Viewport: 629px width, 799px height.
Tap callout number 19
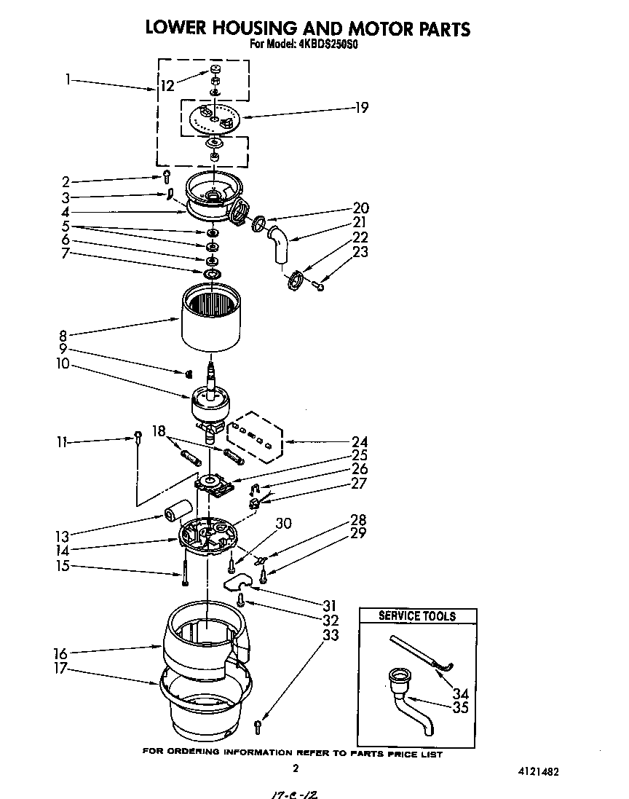point(362,108)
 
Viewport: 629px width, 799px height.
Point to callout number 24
point(359,441)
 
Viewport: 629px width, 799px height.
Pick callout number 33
point(331,635)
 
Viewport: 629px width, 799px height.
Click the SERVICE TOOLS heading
point(417,616)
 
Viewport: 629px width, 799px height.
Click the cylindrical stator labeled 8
point(211,317)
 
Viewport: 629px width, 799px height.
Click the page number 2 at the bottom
point(295,768)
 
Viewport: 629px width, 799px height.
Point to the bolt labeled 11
point(137,437)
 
